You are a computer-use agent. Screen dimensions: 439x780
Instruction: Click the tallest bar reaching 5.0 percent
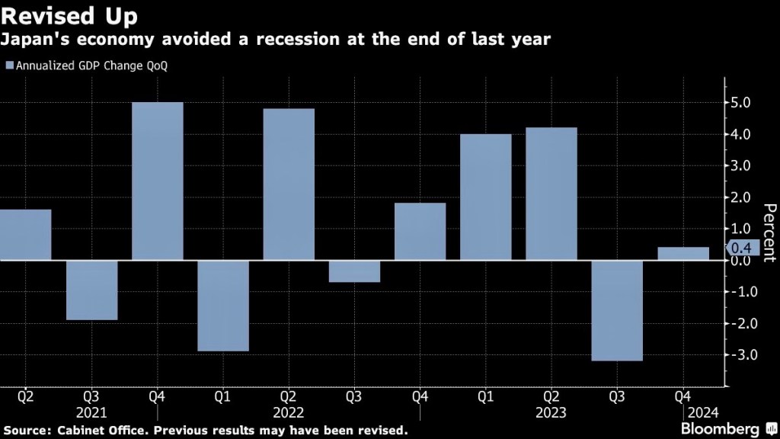pos(158,181)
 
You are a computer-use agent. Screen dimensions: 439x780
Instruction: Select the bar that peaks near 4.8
pos(289,184)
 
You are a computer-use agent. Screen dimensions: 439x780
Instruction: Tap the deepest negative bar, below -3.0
pos(617,310)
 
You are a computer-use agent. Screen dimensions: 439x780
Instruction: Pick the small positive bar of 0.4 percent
pos(683,254)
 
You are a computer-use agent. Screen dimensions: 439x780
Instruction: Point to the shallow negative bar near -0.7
pos(354,271)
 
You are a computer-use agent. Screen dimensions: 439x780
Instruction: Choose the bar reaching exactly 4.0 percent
pos(486,197)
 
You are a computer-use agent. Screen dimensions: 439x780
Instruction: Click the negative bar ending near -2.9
pos(223,306)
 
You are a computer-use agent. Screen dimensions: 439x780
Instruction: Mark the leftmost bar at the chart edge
pos(25,235)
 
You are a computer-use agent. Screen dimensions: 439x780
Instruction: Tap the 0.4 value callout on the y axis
pos(740,248)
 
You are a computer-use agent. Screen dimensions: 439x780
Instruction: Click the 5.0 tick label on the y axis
pos(740,103)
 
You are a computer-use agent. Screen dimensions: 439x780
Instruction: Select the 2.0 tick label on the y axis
pos(740,197)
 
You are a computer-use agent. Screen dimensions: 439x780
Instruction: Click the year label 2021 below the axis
pos(91,412)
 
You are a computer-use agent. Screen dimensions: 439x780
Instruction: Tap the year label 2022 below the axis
pos(289,412)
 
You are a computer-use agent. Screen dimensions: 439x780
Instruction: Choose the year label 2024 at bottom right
pos(704,412)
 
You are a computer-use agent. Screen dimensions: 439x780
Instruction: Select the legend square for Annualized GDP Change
pos(8,66)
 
